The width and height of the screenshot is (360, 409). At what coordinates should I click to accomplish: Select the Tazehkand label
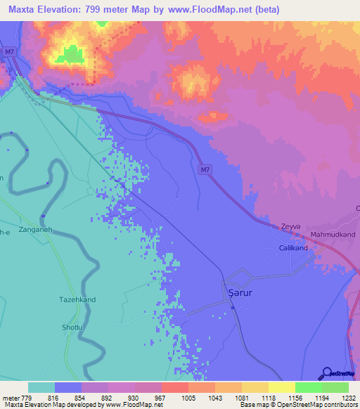pos(77,299)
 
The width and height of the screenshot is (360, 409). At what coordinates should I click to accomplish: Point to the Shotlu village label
pos(73,327)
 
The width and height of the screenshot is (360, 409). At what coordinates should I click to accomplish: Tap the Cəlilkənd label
pos(293,248)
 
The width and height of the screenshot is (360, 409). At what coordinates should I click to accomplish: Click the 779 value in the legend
pos(26,398)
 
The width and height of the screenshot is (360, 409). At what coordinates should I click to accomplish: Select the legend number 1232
pos(348,398)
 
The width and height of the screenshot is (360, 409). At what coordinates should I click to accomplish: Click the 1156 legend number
pos(295,398)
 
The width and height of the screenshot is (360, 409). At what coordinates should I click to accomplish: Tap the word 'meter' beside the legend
pos(10,398)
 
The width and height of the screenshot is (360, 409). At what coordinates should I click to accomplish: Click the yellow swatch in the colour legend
pos(255,387)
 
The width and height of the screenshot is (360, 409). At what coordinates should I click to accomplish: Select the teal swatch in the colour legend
pos(41,387)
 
